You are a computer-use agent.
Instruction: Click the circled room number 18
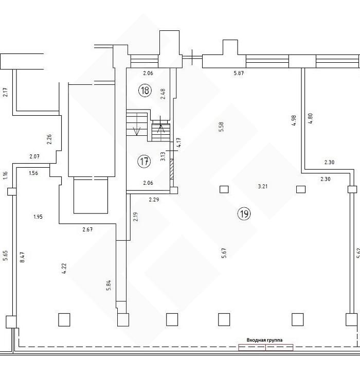pyautogui.click(x=145, y=91)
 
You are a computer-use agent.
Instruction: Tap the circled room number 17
pyautogui.click(x=144, y=162)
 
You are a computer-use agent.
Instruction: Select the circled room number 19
pyautogui.click(x=244, y=214)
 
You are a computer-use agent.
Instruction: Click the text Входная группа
pyautogui.click(x=264, y=340)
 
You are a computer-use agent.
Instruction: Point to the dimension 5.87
pyautogui.click(x=239, y=73)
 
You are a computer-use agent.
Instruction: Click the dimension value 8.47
pyautogui.click(x=22, y=257)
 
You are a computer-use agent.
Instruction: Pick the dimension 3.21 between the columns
pyautogui.click(x=263, y=186)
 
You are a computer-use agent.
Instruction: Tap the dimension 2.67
pyautogui.click(x=87, y=229)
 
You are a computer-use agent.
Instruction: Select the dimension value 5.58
pyautogui.click(x=221, y=127)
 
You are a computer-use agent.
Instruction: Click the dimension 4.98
pyautogui.click(x=294, y=120)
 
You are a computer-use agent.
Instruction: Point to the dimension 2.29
pyautogui.click(x=154, y=200)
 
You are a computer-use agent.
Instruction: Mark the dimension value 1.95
pyautogui.click(x=38, y=217)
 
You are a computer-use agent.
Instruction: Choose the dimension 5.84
pyautogui.click(x=109, y=285)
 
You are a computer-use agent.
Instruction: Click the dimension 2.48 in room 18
pyautogui.click(x=163, y=94)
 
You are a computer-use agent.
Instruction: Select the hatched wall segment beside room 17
pyautogui.click(x=172, y=169)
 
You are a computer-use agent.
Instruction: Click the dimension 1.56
pyautogui.click(x=33, y=173)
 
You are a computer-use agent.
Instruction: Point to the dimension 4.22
pyautogui.click(x=64, y=269)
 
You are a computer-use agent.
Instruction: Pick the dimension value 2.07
pyautogui.click(x=34, y=156)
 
